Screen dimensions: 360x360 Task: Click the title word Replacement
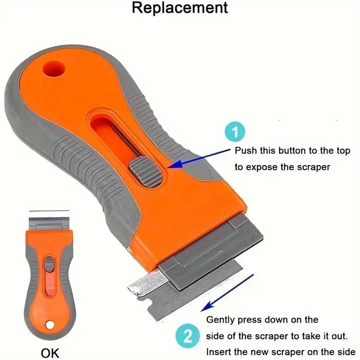coord(180,8)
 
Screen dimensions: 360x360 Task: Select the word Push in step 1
coord(246,150)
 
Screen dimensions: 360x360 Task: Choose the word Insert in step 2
coord(220,352)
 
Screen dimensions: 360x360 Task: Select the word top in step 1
coord(342,151)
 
